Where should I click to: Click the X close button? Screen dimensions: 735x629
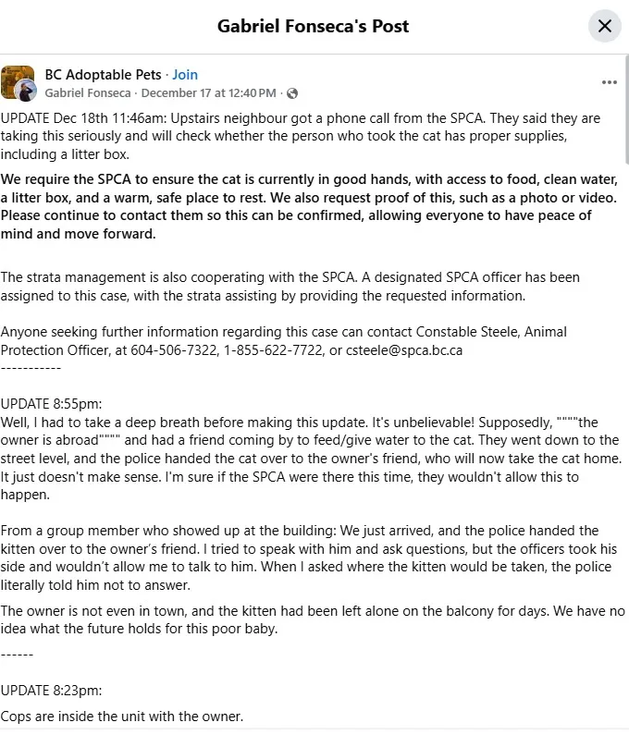604,26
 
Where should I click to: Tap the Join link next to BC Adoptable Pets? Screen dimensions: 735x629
185,75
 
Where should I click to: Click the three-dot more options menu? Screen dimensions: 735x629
609,82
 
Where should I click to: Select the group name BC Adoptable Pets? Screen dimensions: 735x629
103,75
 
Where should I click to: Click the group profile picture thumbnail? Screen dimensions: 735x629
18,83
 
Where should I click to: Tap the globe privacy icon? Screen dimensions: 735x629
292,93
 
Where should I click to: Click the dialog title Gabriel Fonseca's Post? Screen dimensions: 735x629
313,26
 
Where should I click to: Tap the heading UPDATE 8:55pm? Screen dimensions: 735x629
51,404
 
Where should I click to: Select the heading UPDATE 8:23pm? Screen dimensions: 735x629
51,690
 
